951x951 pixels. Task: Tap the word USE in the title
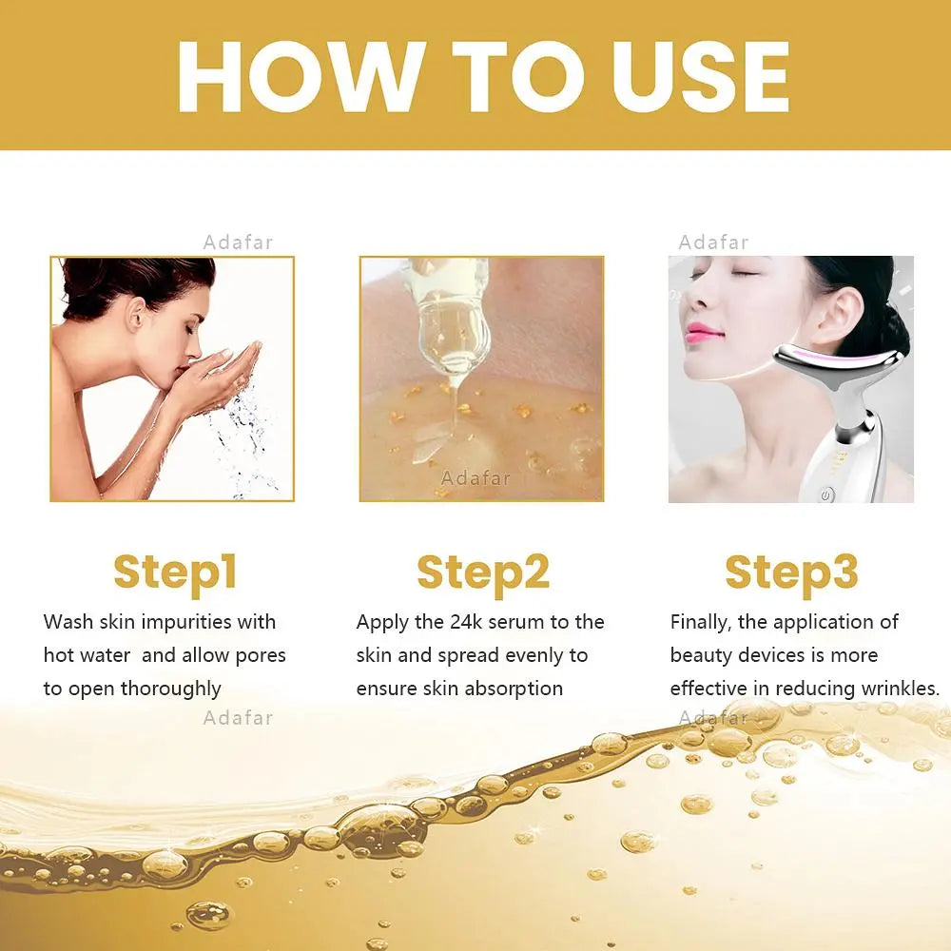[701, 76]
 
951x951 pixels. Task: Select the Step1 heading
[175, 573]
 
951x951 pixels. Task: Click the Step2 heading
[483, 573]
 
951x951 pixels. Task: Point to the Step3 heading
[791, 573]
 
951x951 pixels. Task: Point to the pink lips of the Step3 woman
[704, 331]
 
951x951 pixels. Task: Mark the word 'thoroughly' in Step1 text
[170, 689]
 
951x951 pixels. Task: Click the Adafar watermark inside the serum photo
[475, 478]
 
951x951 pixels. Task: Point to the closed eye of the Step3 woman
[744, 273]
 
